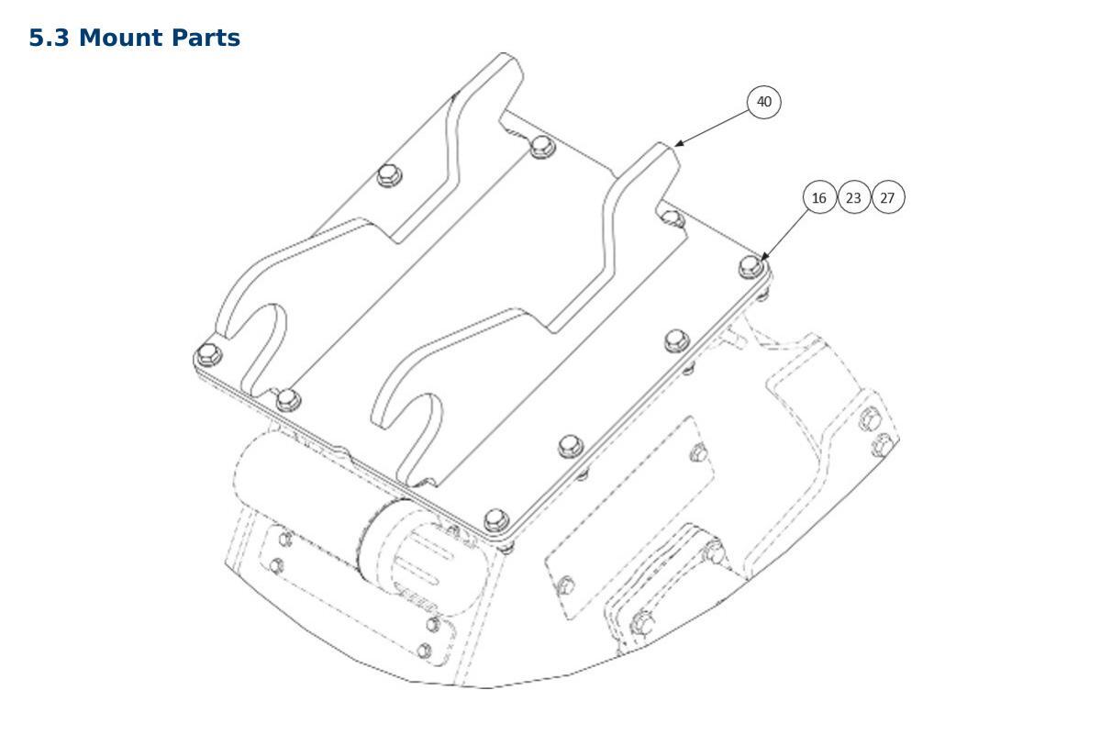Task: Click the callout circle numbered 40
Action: [x=763, y=102]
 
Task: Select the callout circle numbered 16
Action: [x=819, y=197]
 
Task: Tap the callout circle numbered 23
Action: [x=854, y=197]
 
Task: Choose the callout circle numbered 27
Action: [x=888, y=197]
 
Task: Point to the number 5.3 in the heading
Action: [x=50, y=38]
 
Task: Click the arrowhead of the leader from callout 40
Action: [x=679, y=144]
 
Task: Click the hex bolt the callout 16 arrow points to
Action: [x=751, y=267]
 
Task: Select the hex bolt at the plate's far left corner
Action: [x=208, y=354]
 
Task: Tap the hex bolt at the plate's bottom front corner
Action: [x=496, y=520]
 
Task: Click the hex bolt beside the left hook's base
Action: [x=288, y=400]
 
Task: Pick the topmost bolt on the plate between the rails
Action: [x=542, y=147]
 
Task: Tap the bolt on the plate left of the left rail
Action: [x=389, y=175]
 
